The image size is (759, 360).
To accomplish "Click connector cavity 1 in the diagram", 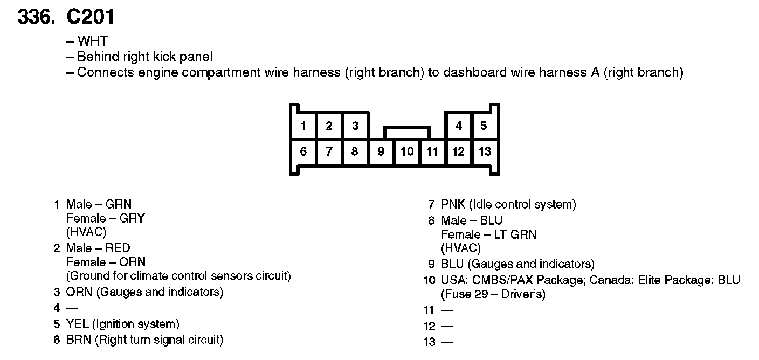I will point(303,126).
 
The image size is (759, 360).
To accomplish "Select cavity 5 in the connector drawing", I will point(484,126).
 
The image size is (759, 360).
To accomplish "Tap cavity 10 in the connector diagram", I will point(407,151).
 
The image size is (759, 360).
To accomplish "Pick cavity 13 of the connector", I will point(485,151).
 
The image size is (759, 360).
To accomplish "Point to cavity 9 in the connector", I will point(381,151).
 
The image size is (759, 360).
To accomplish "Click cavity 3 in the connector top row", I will point(355,126).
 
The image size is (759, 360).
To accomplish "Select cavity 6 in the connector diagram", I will point(303,151).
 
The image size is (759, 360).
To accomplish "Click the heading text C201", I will point(90,17).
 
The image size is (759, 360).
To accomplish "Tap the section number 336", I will point(37,17).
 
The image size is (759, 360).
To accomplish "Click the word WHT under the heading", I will point(93,41).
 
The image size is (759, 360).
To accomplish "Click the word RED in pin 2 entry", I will point(118,248).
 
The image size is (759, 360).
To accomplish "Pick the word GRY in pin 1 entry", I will point(133,219).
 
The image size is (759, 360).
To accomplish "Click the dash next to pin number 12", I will point(446,326).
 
